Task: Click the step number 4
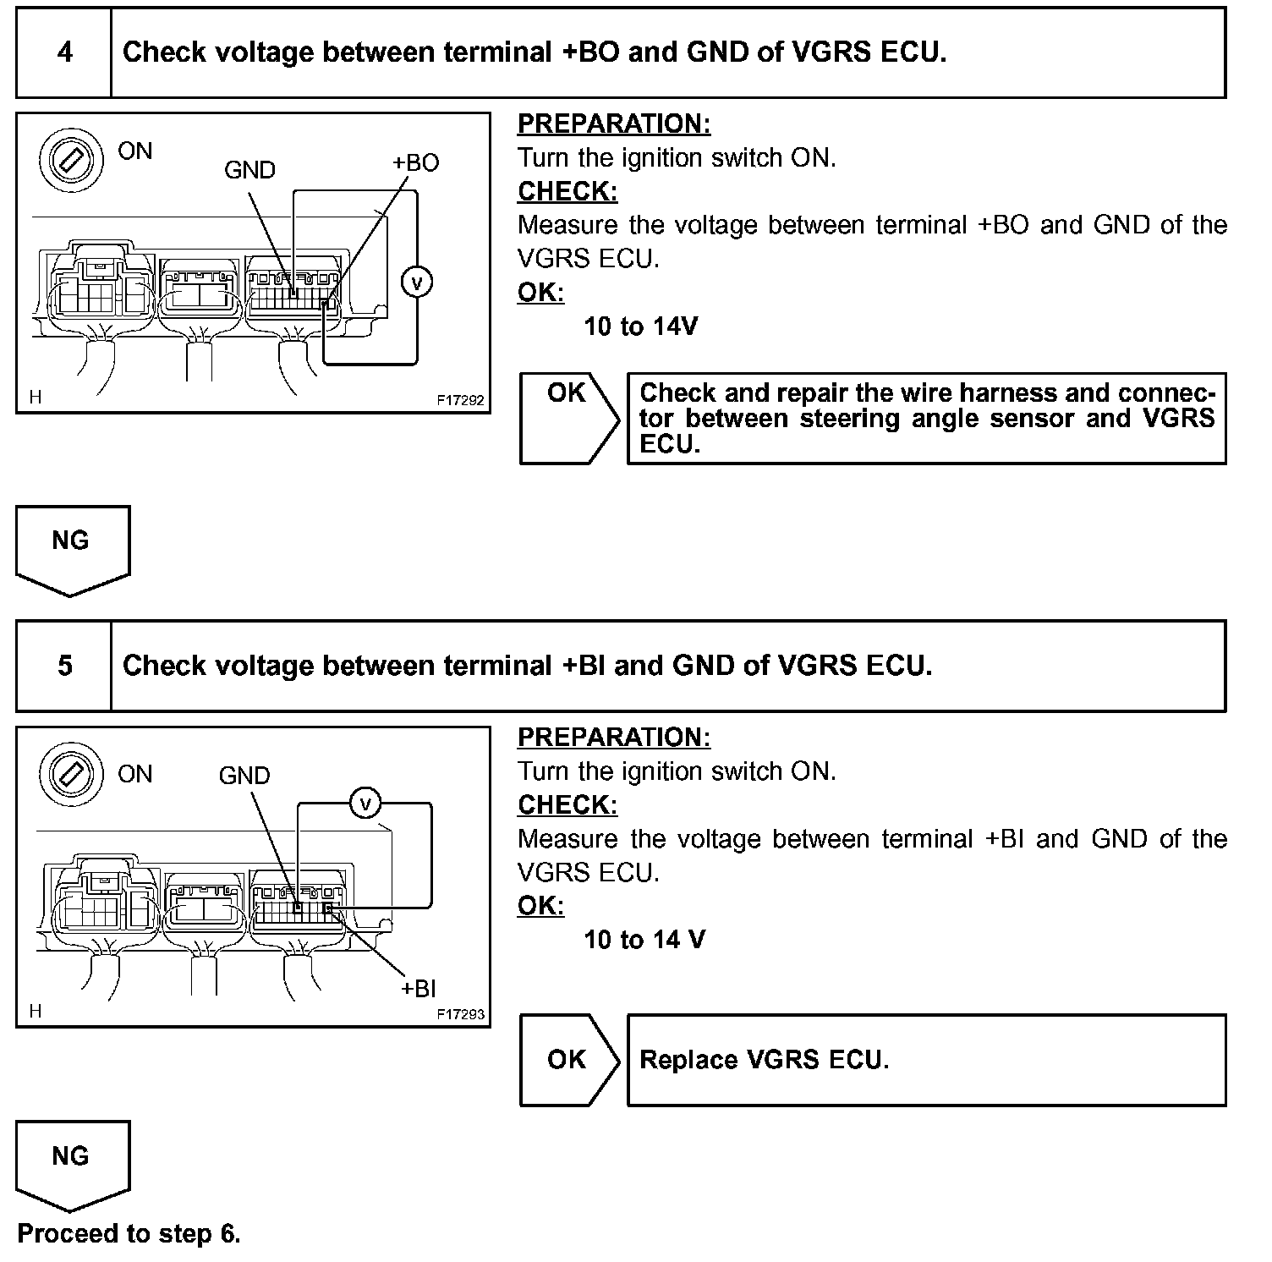click(64, 52)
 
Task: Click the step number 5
click(64, 666)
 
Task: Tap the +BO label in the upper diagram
click(416, 163)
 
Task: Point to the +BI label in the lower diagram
click(419, 988)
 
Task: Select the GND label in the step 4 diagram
click(249, 170)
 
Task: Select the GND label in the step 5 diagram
click(244, 776)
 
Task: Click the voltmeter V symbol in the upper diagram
click(416, 282)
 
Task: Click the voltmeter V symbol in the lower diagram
click(365, 803)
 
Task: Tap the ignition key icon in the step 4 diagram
click(71, 161)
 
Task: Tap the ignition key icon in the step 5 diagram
click(71, 775)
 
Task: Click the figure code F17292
click(461, 400)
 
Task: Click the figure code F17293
click(461, 1014)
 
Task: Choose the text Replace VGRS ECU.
click(764, 1060)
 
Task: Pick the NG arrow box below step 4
click(71, 546)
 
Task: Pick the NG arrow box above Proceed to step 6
click(71, 1161)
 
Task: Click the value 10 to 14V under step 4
click(640, 326)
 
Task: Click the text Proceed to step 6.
click(129, 1234)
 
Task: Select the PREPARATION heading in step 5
click(614, 737)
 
